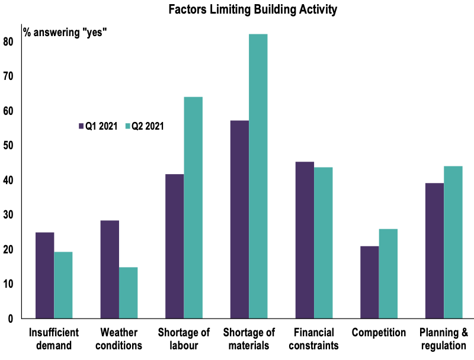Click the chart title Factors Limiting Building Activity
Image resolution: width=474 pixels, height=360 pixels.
252,10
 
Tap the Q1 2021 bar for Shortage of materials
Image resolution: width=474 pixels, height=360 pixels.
239,220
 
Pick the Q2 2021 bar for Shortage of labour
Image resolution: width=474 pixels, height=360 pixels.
193,208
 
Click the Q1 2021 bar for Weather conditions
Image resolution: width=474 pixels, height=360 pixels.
110,269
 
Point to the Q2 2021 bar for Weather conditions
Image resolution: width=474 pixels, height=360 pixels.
128,293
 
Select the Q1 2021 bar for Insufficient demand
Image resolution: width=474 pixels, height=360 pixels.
44,275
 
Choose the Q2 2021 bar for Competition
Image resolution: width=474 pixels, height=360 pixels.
388,274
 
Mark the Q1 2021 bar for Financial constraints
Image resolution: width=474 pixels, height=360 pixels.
305,240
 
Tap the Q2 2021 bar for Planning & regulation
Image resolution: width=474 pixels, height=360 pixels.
453,242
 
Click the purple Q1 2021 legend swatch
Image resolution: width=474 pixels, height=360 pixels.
81,126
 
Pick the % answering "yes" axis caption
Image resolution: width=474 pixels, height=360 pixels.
65,32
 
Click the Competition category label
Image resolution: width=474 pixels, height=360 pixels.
379,332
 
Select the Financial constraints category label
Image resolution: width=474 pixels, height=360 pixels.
313,339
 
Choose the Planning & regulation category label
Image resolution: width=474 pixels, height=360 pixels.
444,339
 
